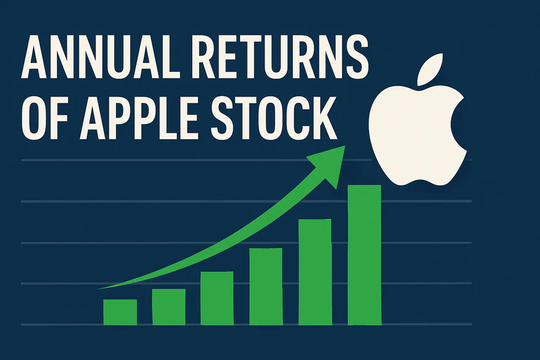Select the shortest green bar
(x=120, y=312)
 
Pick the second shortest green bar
(x=169, y=307)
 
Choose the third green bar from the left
(x=217, y=298)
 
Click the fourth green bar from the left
(x=266, y=287)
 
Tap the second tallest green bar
(x=315, y=272)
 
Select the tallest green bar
(x=364, y=255)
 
